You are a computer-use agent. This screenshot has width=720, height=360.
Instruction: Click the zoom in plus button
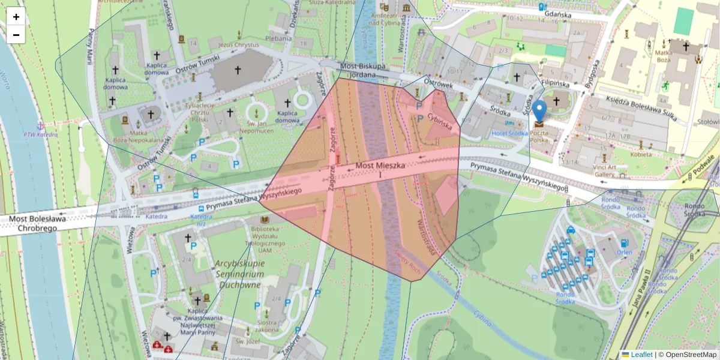(x=16, y=17)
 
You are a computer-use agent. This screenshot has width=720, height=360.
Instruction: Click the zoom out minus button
(x=16, y=35)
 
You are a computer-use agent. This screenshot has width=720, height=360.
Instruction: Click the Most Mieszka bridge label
(x=380, y=165)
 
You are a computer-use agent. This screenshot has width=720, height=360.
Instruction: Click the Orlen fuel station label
(x=625, y=253)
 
